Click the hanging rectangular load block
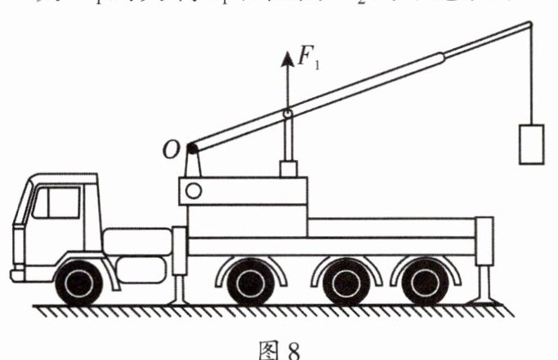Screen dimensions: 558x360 532,144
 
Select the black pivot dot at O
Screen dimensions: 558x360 191,149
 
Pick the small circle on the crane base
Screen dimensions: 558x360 194,191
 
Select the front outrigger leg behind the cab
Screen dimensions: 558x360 180,261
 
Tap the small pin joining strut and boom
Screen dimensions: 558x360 287,113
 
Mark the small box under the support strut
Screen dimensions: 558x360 288,170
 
